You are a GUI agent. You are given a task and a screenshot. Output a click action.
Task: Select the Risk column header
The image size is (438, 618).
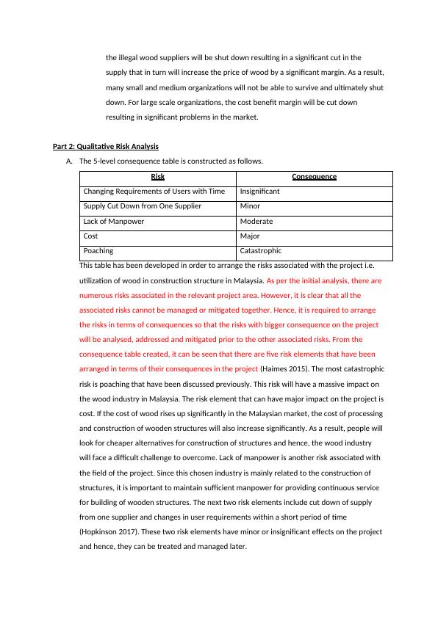157,177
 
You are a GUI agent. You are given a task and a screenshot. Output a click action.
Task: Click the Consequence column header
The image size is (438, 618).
314,177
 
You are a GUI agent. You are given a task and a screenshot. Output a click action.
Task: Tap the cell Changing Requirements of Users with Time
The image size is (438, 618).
154,192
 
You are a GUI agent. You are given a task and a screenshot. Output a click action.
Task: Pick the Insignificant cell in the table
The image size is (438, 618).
259,192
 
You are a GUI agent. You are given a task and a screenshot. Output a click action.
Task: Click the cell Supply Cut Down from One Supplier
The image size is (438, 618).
142,206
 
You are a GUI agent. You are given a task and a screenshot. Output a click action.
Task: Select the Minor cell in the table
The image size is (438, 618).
250,206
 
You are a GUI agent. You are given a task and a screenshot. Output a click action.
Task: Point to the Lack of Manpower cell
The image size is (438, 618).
114,222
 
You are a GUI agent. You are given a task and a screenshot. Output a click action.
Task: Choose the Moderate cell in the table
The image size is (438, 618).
256,222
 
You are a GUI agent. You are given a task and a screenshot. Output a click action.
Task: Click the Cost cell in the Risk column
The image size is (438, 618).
90,236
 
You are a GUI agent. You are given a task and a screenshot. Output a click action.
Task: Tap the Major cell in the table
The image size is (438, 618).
250,236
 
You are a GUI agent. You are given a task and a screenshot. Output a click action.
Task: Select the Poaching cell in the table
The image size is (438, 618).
98,251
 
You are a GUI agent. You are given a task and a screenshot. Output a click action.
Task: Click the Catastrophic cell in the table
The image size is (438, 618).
261,251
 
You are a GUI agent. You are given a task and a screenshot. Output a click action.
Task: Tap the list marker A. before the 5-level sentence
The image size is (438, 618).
69,161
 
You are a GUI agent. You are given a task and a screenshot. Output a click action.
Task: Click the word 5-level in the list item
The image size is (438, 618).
104,161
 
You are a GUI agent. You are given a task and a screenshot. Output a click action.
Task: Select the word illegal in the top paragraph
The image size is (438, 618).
133,57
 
